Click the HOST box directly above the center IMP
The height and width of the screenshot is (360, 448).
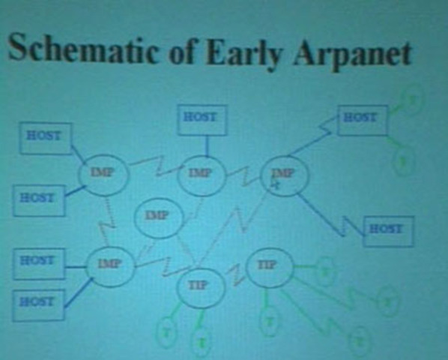tap(200, 118)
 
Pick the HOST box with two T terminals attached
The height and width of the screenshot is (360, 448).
tap(362, 118)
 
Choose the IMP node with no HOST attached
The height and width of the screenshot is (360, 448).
tap(157, 217)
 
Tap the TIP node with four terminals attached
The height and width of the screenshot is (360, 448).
tap(268, 265)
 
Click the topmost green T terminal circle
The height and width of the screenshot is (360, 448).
tap(411, 98)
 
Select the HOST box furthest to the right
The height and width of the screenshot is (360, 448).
tap(387, 229)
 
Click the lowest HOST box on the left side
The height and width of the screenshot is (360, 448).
tap(37, 301)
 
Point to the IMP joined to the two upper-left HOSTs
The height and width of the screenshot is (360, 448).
tap(103, 174)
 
